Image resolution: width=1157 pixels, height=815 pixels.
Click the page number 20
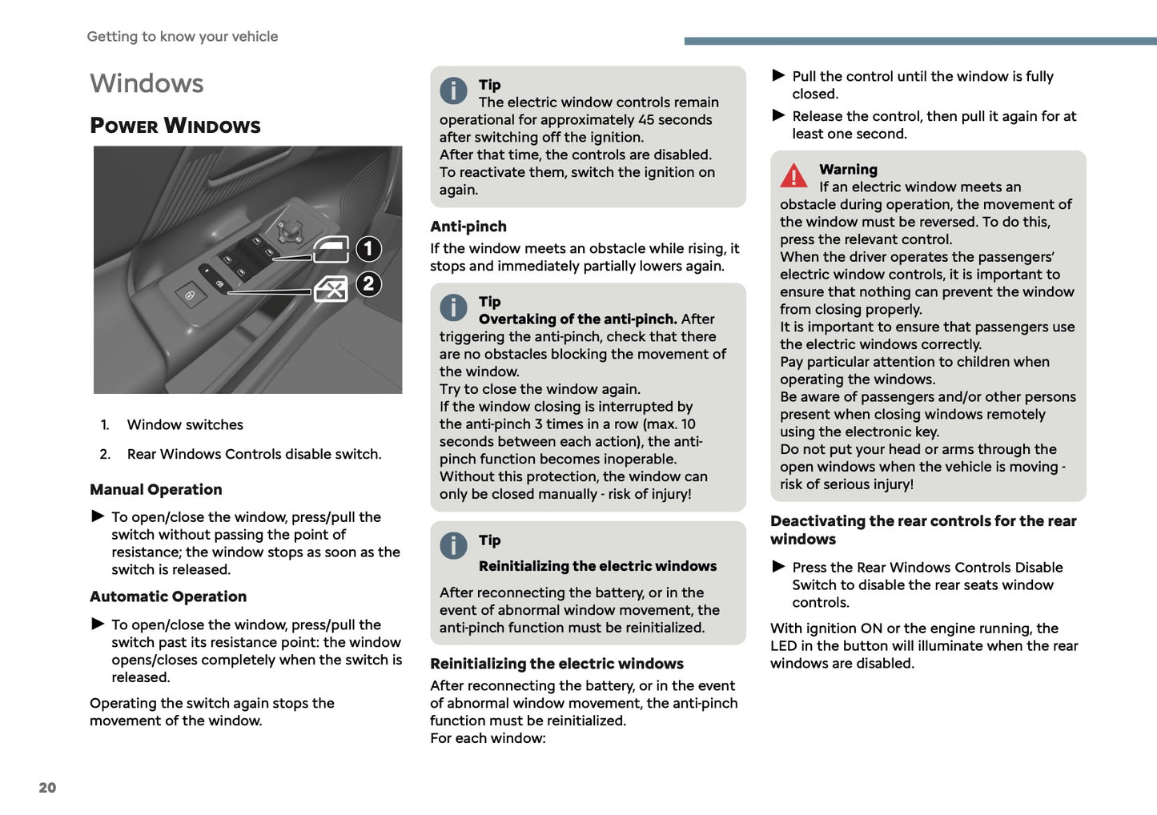pyautogui.click(x=47, y=788)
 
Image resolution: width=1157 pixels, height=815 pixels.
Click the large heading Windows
pyautogui.click(x=147, y=83)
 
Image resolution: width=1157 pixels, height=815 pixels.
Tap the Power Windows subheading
pyautogui.click(x=175, y=126)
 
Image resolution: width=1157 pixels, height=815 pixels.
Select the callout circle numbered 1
pyautogui.click(x=368, y=249)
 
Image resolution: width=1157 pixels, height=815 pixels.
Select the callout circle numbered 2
pyautogui.click(x=368, y=284)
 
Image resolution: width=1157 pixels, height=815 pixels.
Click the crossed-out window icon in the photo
pyautogui.click(x=331, y=289)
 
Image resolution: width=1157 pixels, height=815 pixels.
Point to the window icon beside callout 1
pyautogui.click(x=331, y=250)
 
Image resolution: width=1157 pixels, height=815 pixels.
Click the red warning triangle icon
pyautogui.click(x=793, y=175)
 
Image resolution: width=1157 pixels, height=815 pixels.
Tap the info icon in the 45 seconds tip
pyautogui.click(x=453, y=90)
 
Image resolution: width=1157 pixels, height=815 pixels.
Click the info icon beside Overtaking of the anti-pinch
pyautogui.click(x=453, y=307)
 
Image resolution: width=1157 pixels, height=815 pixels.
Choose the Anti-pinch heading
pyautogui.click(x=468, y=227)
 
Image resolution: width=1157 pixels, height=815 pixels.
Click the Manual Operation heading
pyautogui.click(x=156, y=489)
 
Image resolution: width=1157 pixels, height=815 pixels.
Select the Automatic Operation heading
pyautogui.click(x=168, y=596)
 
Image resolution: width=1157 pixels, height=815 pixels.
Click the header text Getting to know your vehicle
pyautogui.click(x=183, y=36)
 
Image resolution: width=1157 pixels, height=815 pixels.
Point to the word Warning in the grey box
pyautogui.click(x=848, y=169)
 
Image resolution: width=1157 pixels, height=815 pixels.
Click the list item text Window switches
pyautogui.click(x=185, y=424)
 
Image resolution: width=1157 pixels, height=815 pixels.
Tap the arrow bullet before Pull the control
pyautogui.click(x=778, y=75)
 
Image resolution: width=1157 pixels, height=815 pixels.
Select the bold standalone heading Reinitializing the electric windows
pyautogui.click(x=556, y=664)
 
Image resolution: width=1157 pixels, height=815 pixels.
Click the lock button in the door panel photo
pyautogui.click(x=191, y=295)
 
